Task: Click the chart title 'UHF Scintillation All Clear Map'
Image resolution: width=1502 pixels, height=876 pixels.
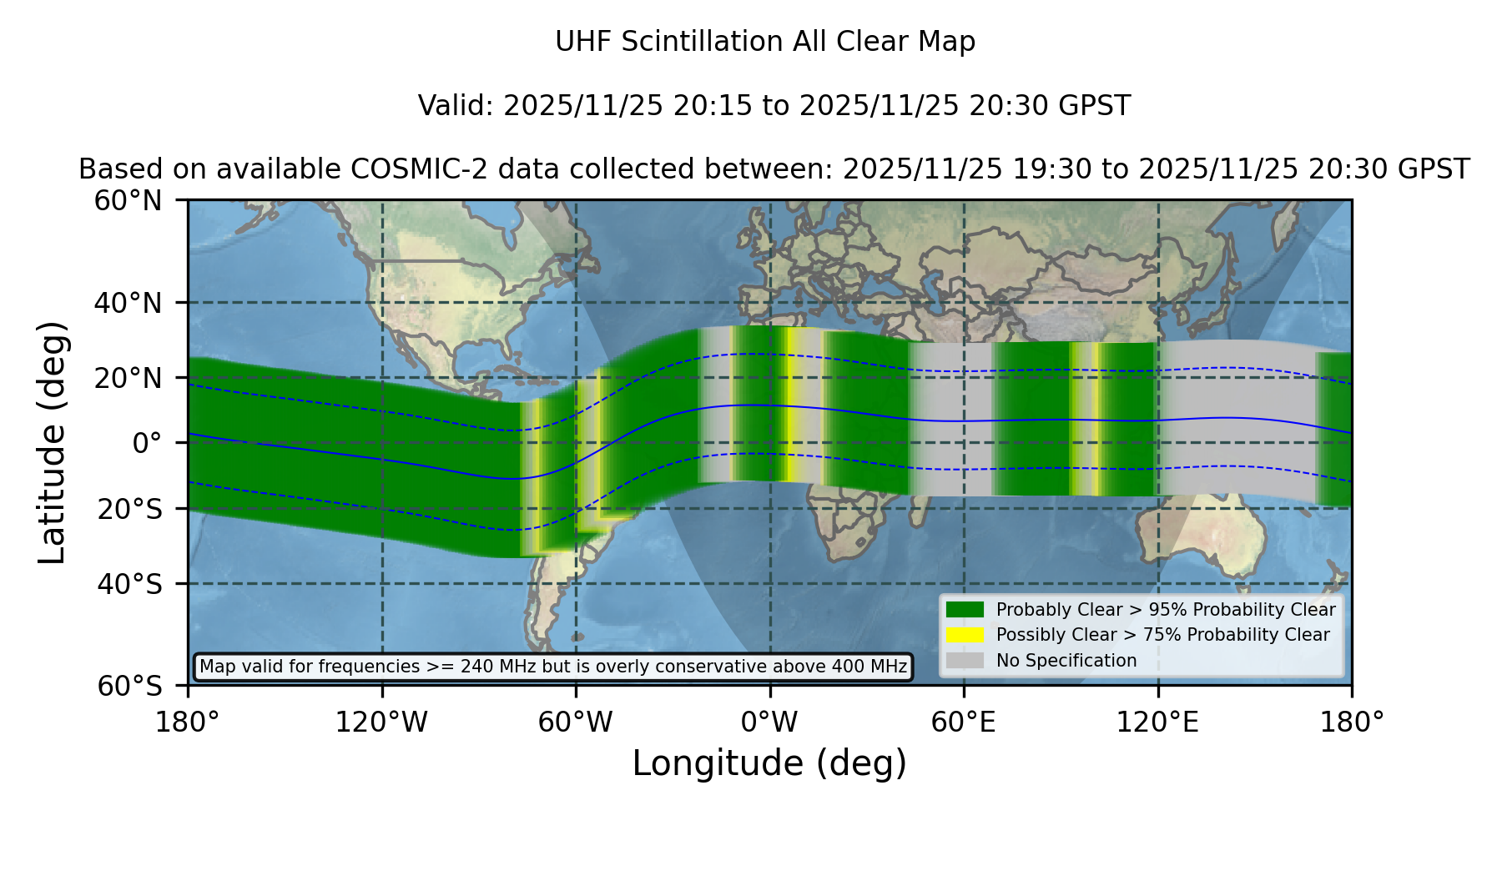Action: coord(765,42)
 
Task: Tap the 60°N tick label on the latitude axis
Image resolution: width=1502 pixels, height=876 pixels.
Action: coord(129,201)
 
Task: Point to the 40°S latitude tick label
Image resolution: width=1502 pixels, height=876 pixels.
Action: coord(130,584)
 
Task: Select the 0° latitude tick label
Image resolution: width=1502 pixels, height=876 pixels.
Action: coord(147,443)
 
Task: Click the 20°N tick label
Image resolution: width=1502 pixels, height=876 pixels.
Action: coord(129,378)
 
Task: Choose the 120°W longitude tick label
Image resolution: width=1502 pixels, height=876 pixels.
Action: coord(381,722)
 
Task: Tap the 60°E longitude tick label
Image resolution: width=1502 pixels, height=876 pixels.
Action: coord(964,722)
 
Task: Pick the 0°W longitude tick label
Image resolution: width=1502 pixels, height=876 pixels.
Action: coord(769,722)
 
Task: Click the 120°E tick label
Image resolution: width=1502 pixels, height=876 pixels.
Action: coord(1158,722)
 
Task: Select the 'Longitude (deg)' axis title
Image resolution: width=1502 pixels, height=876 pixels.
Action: coord(769,763)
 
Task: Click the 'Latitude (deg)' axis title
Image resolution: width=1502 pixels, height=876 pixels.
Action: coord(52,442)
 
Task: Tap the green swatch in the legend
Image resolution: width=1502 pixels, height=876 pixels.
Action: coord(965,610)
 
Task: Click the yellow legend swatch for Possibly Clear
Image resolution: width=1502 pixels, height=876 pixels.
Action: coord(965,635)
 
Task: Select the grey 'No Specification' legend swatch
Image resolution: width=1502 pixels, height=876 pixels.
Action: coord(965,661)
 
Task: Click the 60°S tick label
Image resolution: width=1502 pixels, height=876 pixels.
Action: coord(130,686)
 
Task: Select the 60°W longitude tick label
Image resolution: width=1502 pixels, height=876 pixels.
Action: coord(576,722)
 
